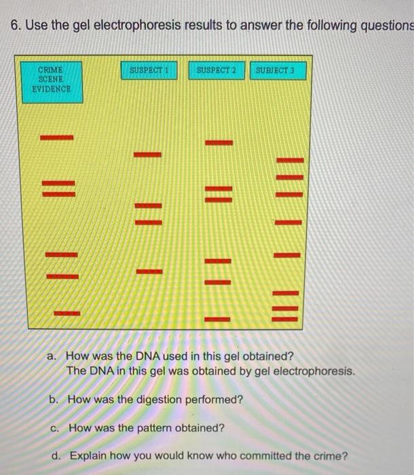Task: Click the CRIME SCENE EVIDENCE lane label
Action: [52, 80]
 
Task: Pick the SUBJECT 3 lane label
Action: [279, 70]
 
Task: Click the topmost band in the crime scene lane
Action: [56, 138]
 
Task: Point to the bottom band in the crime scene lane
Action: [66, 313]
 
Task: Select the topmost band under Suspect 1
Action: [148, 155]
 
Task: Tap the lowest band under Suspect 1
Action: [149, 272]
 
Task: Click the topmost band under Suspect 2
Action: [219, 142]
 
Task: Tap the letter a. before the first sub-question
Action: [52, 356]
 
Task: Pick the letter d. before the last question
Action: [58, 456]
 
